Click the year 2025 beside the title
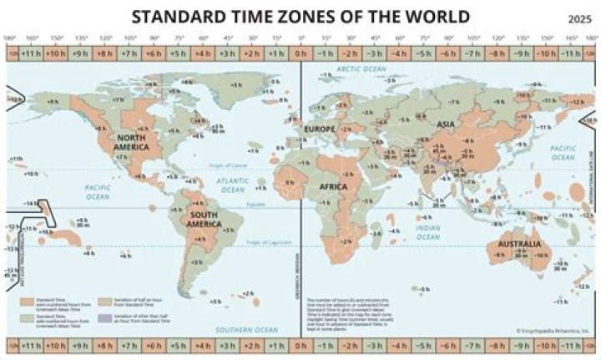pyautogui.click(x=578, y=19)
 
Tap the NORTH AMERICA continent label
pyautogui.click(x=132, y=141)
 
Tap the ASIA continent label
pyautogui.click(x=445, y=124)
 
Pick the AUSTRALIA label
pyautogui.click(x=523, y=245)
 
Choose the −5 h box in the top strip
pyautogui.click(x=424, y=54)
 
